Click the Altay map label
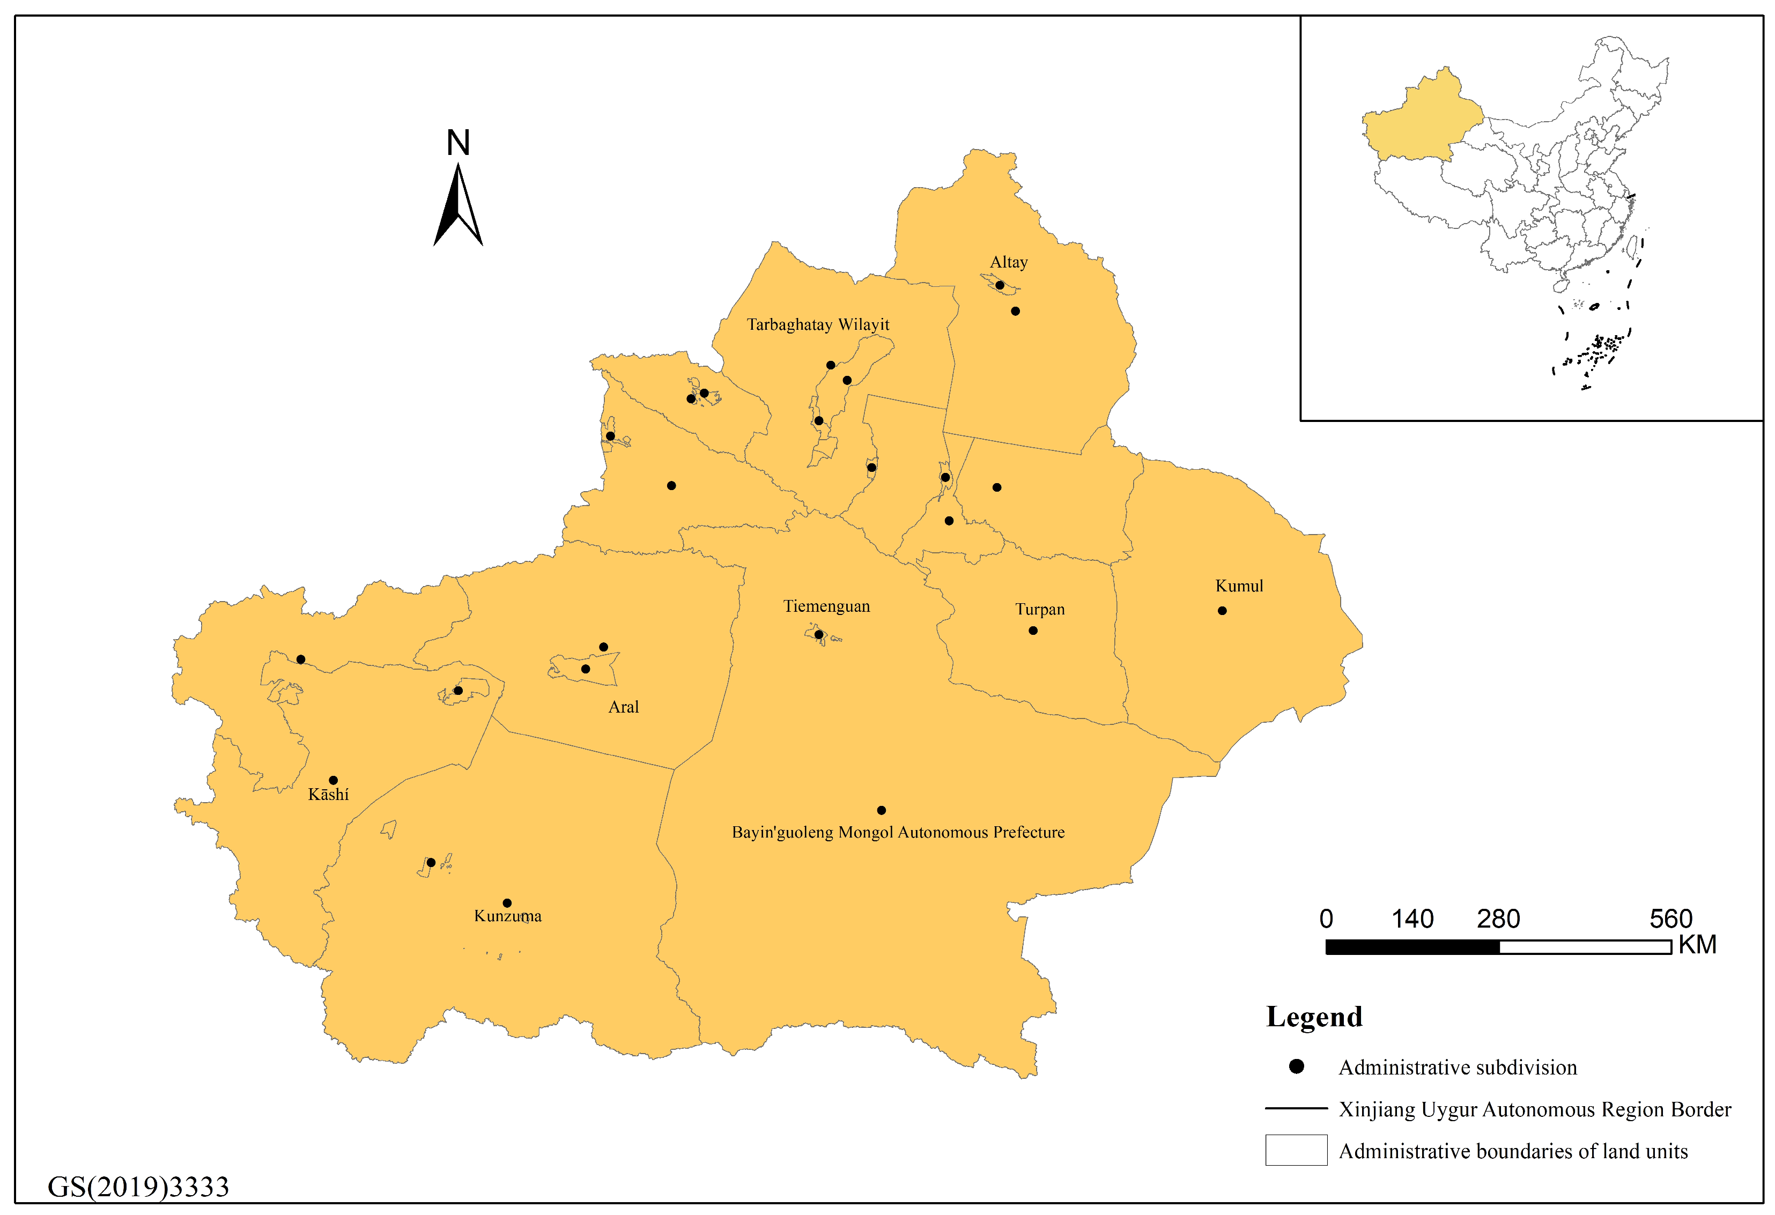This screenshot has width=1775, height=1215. [1008, 262]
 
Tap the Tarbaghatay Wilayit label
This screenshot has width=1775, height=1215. [817, 324]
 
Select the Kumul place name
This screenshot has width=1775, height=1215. [1238, 586]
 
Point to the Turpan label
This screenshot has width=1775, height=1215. [1039, 610]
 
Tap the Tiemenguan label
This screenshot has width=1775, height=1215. [826, 606]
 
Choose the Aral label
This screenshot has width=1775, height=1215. [623, 707]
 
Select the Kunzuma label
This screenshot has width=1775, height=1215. [507, 916]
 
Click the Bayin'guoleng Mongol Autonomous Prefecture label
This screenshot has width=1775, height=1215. [898, 832]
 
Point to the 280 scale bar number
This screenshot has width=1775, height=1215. [1497, 918]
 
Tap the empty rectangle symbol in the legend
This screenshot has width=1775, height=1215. [1296, 1150]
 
